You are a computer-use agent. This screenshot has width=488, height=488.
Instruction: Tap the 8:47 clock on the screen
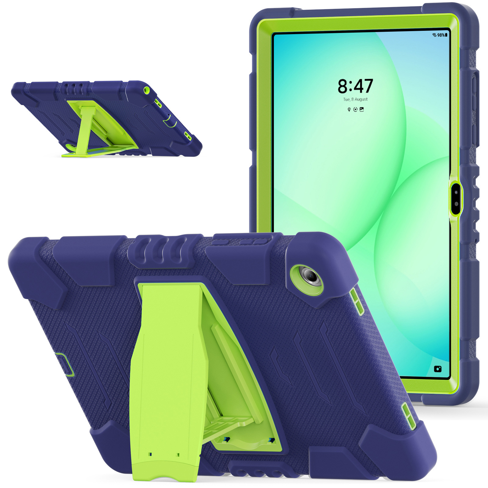pos(355,86)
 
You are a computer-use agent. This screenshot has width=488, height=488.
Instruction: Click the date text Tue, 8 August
pos(355,99)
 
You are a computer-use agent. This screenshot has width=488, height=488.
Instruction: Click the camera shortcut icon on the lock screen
pos(438,369)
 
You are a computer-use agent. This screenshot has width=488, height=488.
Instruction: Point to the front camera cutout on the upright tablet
pos(456,198)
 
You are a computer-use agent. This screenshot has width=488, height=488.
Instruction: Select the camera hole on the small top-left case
pos(147,90)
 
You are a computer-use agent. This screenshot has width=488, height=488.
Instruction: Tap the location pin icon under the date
pos(349,109)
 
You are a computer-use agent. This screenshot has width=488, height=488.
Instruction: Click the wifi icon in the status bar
pos(434,35)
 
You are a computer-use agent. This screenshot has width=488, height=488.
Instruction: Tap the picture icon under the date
pos(362,109)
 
